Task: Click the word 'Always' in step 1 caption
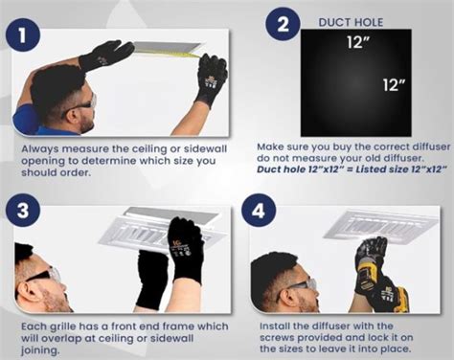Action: pyautogui.click(x=41, y=150)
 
